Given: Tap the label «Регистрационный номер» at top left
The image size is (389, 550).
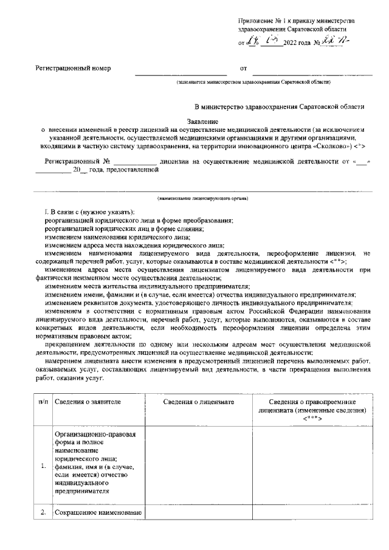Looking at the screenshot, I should [74, 69].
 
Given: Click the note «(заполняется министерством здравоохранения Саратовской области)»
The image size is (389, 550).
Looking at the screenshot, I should [253, 81].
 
